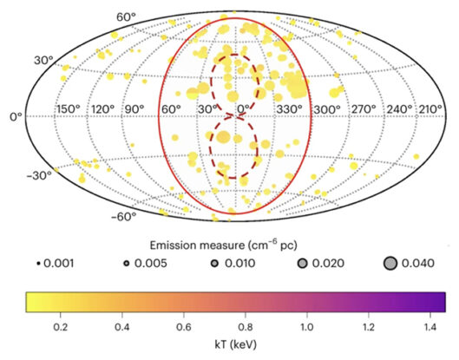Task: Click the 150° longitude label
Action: [x=68, y=109]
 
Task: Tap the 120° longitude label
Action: [x=102, y=109]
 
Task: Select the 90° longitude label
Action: [x=134, y=109]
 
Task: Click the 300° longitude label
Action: [x=326, y=109]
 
